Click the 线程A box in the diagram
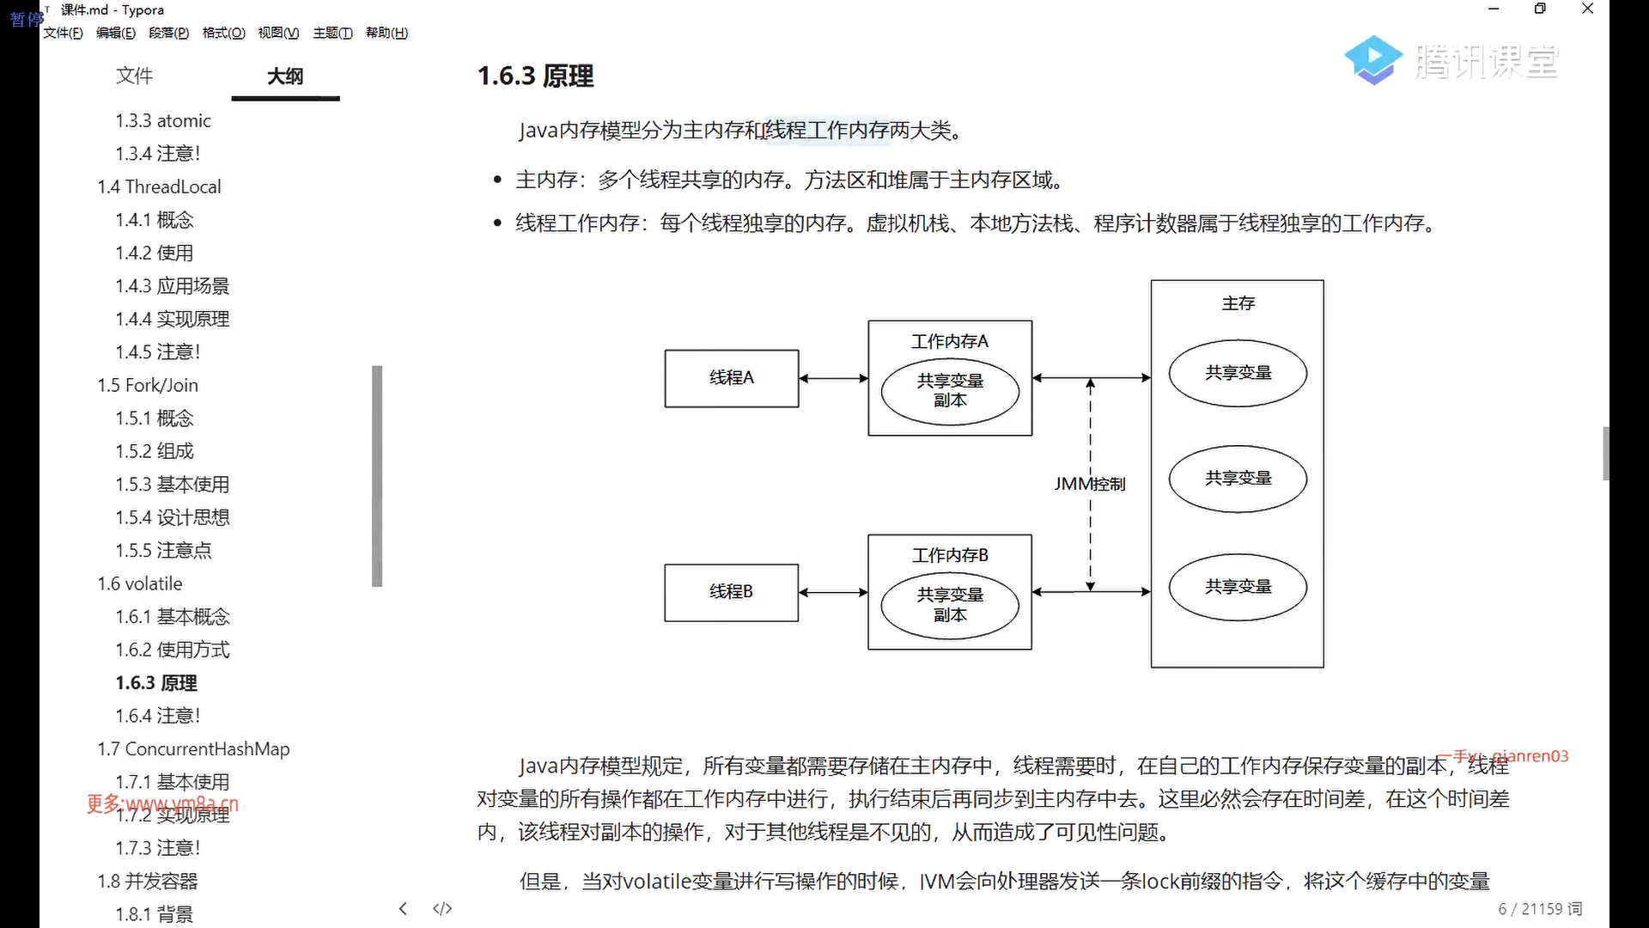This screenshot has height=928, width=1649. (731, 378)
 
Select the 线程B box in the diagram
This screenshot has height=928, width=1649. (731, 592)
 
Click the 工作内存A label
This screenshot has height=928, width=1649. (949, 341)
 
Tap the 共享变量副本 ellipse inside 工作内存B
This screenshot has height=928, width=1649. (949, 605)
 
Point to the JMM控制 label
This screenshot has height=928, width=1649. (1089, 484)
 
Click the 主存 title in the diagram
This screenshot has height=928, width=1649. (1238, 303)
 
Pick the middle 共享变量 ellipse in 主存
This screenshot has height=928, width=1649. (1238, 478)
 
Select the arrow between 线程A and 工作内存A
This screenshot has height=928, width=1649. (833, 378)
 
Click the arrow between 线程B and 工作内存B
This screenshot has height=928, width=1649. (833, 592)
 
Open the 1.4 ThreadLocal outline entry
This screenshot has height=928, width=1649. (159, 186)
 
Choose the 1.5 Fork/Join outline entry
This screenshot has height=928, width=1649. (148, 385)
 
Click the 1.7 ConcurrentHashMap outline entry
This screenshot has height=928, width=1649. (193, 748)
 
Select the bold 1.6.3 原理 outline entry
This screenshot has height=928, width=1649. (156, 683)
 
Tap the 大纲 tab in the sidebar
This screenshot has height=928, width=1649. (285, 76)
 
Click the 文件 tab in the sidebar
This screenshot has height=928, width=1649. (134, 76)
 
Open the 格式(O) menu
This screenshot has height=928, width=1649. (223, 33)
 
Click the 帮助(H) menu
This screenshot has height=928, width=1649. (386, 33)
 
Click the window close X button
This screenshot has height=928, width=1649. (1587, 9)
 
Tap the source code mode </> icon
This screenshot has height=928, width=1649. (442, 908)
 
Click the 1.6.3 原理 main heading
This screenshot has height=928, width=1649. (535, 76)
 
